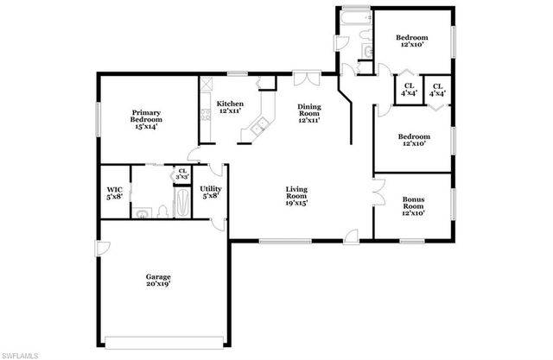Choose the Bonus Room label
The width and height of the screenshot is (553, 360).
(413, 204)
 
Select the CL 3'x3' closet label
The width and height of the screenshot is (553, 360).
(182, 173)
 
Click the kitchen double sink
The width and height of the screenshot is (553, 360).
(257, 129)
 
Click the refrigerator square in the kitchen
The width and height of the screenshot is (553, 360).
(268, 84)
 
